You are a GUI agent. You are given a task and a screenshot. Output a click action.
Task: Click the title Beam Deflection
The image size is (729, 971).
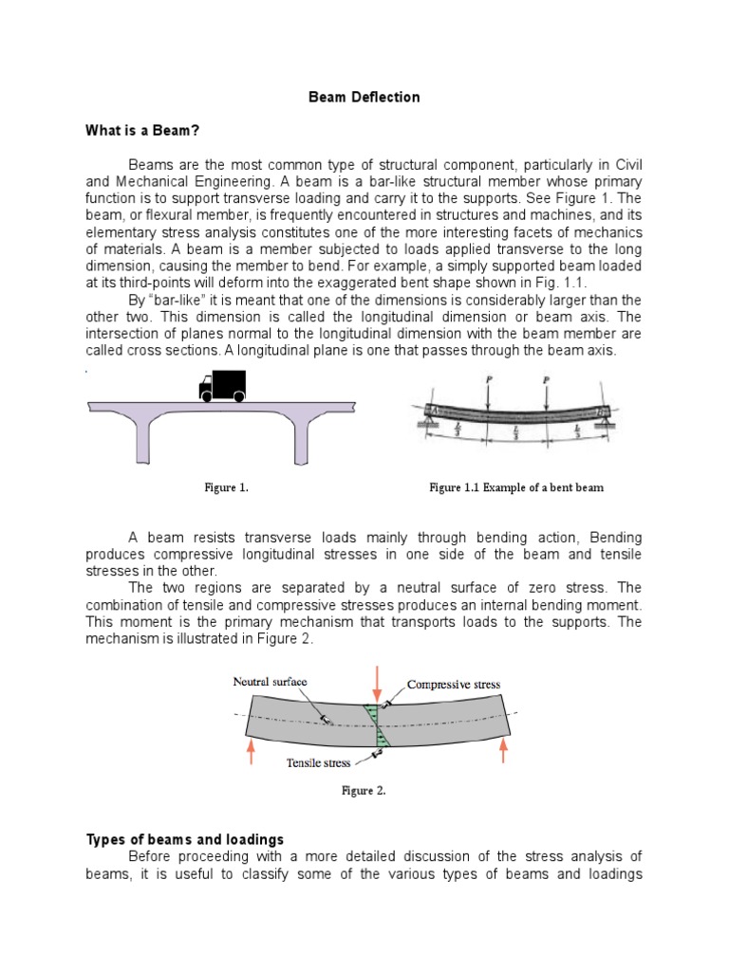click(x=365, y=97)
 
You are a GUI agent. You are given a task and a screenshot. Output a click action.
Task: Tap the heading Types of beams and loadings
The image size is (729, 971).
click(x=184, y=839)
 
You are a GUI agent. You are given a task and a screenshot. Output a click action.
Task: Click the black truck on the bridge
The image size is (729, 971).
click(x=221, y=385)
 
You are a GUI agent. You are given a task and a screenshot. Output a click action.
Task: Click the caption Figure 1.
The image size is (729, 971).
click(x=227, y=487)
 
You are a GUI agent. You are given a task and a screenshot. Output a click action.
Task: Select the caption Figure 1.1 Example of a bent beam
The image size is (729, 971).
click(x=516, y=487)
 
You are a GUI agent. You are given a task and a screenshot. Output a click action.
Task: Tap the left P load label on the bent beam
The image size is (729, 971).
click(x=488, y=379)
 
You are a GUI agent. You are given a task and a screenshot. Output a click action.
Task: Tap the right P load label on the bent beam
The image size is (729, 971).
click(x=548, y=379)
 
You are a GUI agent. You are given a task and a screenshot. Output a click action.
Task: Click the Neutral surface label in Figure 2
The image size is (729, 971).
click(x=276, y=682)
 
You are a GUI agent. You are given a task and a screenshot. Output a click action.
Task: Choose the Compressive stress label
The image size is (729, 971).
click(x=453, y=684)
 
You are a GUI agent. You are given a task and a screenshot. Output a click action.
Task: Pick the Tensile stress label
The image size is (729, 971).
click(x=318, y=762)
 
